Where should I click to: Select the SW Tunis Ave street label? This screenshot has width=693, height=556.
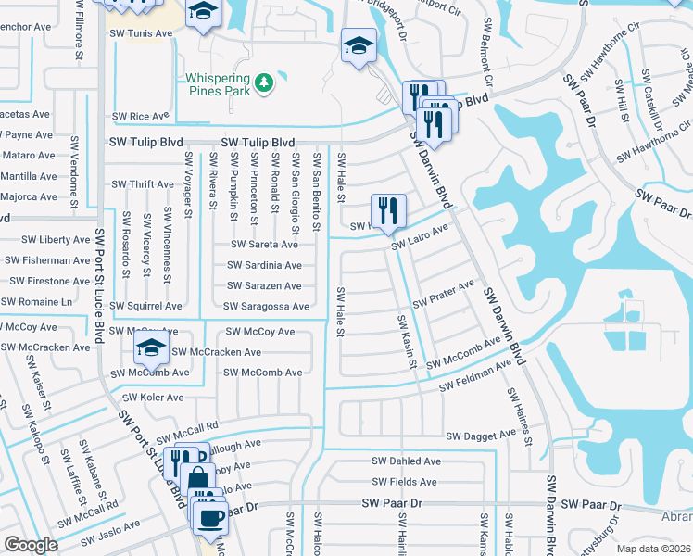click(x=143, y=33)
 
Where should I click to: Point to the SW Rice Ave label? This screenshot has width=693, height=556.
click(x=140, y=117)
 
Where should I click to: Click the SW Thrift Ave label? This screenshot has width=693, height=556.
click(x=143, y=184)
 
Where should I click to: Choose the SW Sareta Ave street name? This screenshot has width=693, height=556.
click(x=264, y=245)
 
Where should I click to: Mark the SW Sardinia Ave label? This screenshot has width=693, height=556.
click(x=264, y=265)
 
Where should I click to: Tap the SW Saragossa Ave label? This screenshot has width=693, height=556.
click(x=266, y=306)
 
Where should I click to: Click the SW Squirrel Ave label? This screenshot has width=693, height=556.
click(x=145, y=306)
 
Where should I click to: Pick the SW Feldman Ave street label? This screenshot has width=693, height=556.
click(x=475, y=377)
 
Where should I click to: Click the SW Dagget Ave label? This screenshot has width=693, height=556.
click(x=481, y=435)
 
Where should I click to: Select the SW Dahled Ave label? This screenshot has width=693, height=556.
click(x=406, y=461)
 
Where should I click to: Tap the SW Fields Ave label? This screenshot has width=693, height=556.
click(x=404, y=482)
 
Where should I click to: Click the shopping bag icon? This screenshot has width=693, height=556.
click(x=196, y=480)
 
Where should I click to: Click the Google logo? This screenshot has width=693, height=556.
click(x=31, y=544)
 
